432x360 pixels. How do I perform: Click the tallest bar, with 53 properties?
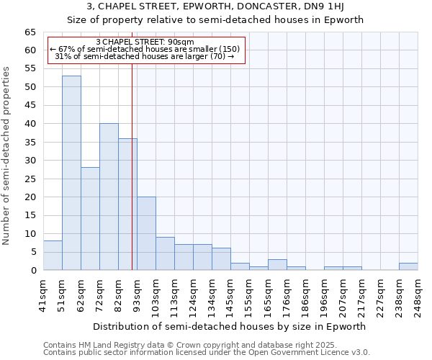(71, 173)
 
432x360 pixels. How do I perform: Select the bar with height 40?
(109, 197)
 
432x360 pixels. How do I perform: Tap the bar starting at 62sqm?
(90, 219)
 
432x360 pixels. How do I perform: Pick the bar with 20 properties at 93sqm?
(146, 233)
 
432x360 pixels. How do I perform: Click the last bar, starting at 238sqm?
(408, 266)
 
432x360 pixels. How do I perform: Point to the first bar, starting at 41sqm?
(53, 256)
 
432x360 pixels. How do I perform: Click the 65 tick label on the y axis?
(30, 32)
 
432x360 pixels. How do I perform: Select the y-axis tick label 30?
(30, 161)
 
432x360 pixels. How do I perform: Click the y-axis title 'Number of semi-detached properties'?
(7, 156)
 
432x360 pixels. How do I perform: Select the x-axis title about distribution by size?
(230, 326)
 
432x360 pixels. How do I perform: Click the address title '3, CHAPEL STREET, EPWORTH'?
(215, 7)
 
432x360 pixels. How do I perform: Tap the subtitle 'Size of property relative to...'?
(215, 20)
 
